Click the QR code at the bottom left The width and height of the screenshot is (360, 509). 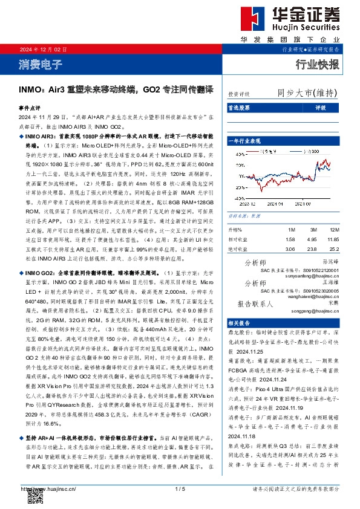(x=34, y=498)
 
